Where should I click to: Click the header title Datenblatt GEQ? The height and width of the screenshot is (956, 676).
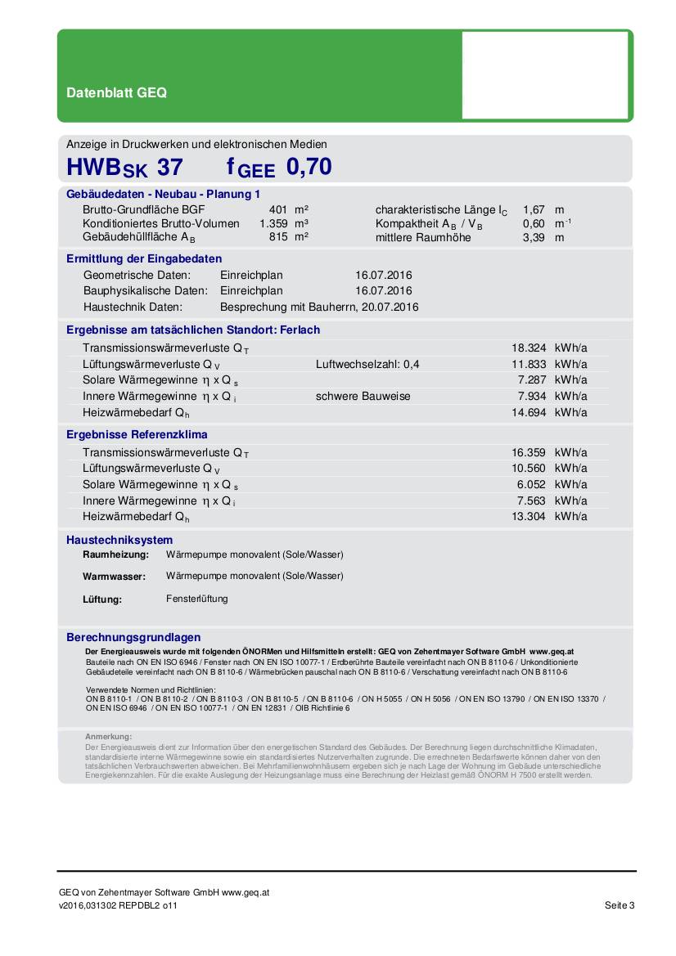(116, 93)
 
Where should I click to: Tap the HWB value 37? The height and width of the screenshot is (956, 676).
(169, 168)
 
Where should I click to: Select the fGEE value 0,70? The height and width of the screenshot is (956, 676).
(309, 167)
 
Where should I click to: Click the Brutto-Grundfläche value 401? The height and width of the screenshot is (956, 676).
(279, 210)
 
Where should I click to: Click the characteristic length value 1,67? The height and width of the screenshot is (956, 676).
(534, 210)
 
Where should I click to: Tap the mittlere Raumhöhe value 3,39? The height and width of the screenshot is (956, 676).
(534, 237)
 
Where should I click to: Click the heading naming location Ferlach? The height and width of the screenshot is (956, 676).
(193, 330)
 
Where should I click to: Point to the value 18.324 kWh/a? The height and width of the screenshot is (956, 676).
(528, 348)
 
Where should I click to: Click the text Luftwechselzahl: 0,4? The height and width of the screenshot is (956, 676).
(367, 364)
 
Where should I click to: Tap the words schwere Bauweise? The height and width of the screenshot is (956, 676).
(363, 396)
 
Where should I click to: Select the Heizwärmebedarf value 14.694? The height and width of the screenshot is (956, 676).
(528, 412)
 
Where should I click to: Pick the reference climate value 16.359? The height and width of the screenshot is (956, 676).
(528, 451)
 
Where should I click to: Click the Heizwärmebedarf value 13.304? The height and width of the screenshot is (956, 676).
(528, 516)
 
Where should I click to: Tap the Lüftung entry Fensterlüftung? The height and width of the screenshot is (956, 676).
(196, 599)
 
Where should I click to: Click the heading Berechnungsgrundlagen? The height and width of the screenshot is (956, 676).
(133, 637)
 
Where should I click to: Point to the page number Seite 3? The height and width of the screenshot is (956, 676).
(620, 905)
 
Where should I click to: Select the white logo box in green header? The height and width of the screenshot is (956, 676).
(545, 75)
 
